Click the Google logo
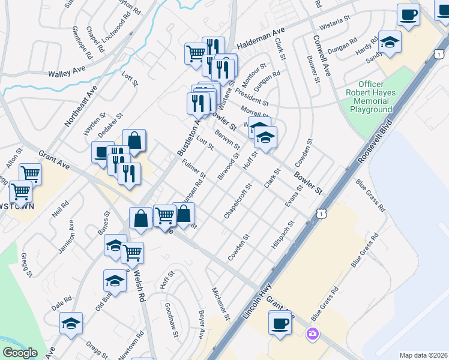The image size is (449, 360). [x=20, y=353]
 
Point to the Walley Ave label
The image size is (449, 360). [x=67, y=72]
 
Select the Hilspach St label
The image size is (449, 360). [x=283, y=235]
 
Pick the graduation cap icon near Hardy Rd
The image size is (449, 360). [x=390, y=41]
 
